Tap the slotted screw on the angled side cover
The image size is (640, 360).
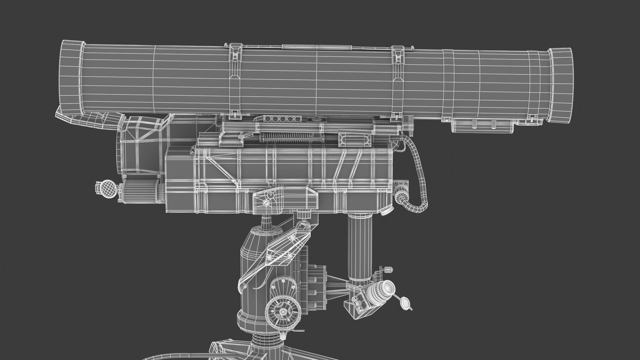(x=265, y=203)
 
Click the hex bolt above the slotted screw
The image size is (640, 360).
(x=271, y=195)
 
